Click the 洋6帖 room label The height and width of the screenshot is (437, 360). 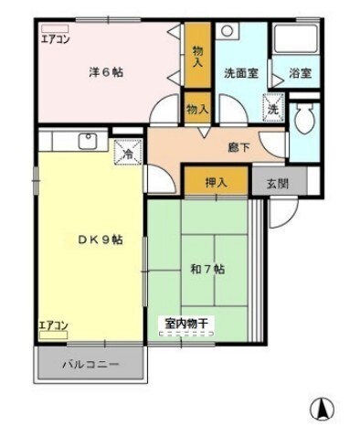(x=106, y=72)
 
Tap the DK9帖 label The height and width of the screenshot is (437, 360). (x=101, y=240)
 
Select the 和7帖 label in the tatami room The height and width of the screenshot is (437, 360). (x=207, y=269)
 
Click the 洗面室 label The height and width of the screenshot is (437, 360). (x=241, y=73)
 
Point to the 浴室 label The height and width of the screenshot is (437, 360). (x=300, y=73)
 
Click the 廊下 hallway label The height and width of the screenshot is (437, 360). (x=239, y=148)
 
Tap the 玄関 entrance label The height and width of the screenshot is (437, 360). (x=278, y=184)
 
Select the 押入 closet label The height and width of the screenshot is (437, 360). (x=217, y=182)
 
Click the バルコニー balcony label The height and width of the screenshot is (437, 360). (x=90, y=364)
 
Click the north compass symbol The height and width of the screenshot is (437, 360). (x=322, y=409)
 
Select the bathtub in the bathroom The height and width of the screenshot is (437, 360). (x=296, y=39)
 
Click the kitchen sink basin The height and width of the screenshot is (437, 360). (x=88, y=141)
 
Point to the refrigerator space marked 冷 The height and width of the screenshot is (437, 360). (x=128, y=152)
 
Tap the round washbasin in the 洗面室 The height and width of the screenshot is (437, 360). (x=228, y=30)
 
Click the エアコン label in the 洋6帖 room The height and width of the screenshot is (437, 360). (x=55, y=38)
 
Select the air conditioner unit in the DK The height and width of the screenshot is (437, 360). (x=54, y=335)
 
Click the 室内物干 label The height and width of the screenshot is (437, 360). (x=186, y=323)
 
